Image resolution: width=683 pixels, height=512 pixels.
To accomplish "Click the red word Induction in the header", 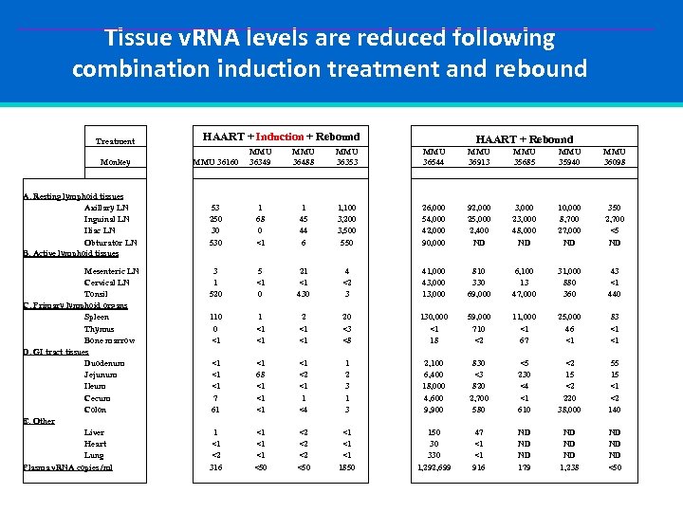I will click(x=280, y=137).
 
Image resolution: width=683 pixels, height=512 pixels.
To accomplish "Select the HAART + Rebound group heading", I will click(x=524, y=139).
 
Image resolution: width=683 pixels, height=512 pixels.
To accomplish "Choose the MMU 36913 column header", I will click(x=479, y=156).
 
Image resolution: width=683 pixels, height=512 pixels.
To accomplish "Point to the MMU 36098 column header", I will click(x=615, y=156).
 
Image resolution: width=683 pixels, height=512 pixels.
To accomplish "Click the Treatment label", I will click(x=116, y=141).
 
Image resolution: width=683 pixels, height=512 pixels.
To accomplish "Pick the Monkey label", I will click(x=115, y=162).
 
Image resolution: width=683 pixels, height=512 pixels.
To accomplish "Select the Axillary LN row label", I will click(x=107, y=208).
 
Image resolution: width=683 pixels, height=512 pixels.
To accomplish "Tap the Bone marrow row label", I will click(x=110, y=340).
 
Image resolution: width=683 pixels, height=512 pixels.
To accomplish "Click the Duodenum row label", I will click(x=107, y=363).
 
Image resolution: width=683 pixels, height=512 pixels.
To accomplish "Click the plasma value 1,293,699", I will click(x=433, y=466).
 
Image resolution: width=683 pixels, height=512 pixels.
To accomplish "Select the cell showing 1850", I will click(x=348, y=466).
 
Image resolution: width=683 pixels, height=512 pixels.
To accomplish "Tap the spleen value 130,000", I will click(x=433, y=317).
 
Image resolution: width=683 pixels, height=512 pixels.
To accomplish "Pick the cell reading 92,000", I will click(x=479, y=208).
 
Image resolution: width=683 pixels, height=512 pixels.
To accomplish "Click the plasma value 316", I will click(x=217, y=466).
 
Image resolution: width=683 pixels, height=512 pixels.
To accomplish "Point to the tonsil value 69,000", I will click(x=479, y=294).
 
